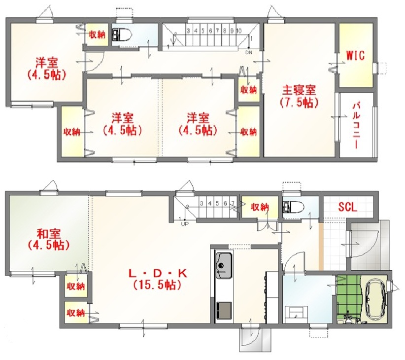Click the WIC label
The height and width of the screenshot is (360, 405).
click(x=355, y=55)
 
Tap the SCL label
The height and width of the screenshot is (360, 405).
click(x=348, y=207)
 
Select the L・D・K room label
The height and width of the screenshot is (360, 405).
click(x=158, y=273)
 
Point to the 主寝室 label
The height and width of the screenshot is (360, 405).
click(x=299, y=90)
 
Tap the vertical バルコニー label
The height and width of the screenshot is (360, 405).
click(x=356, y=125)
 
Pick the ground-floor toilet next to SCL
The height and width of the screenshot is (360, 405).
click(x=294, y=207)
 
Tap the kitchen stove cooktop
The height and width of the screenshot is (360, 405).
click(x=224, y=310)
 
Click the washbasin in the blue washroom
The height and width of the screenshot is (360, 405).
click(x=296, y=314)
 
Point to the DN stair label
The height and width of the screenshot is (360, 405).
click(x=248, y=52)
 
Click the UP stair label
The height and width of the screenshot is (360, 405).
click(x=185, y=224)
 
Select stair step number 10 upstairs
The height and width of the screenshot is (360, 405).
click(x=238, y=31)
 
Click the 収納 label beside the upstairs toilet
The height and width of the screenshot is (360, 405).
click(x=97, y=35)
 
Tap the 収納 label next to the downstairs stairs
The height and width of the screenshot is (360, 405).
click(x=260, y=207)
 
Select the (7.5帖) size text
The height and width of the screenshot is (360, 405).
click(x=299, y=103)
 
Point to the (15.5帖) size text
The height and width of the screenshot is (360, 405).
click(x=157, y=285)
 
